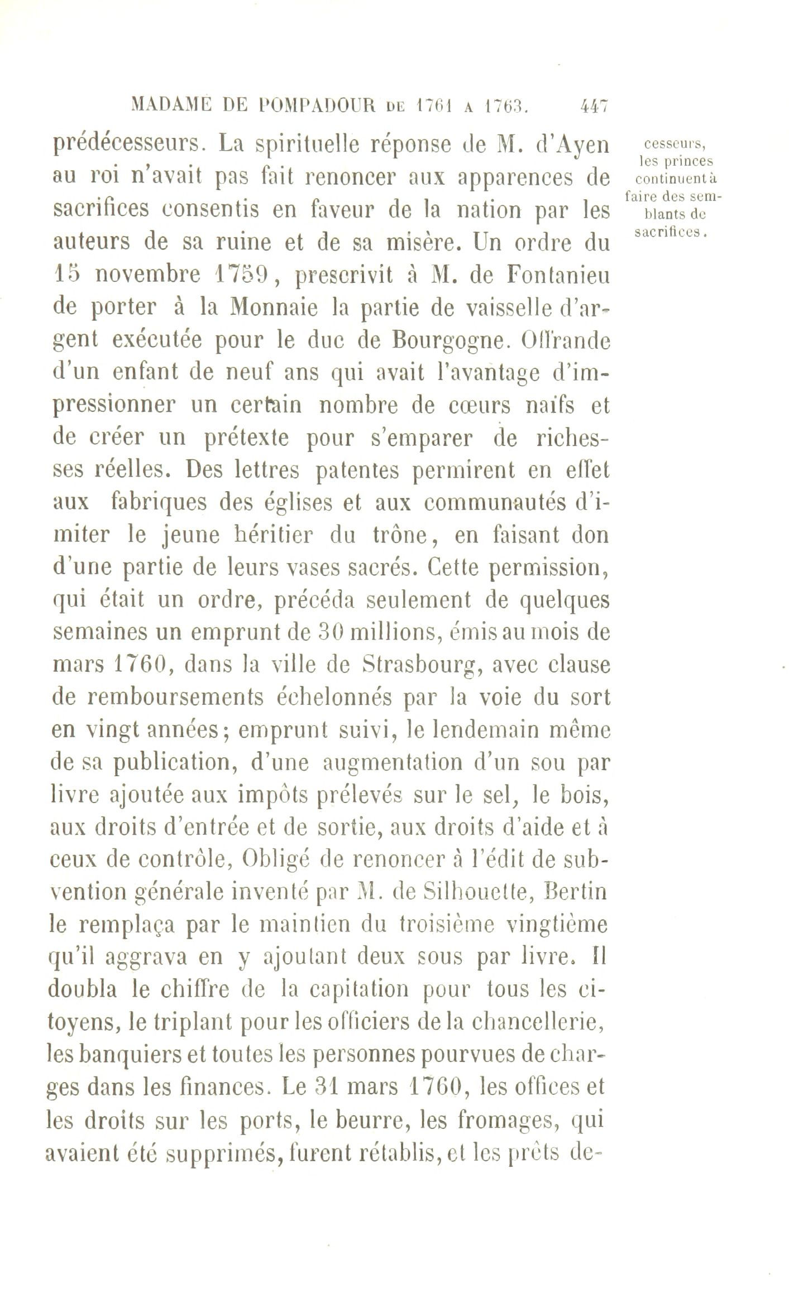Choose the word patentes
coord(357,470)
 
